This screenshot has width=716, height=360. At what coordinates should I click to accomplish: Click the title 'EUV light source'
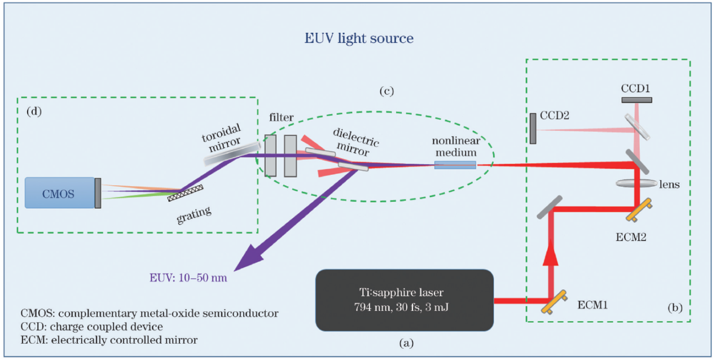coord(359,39)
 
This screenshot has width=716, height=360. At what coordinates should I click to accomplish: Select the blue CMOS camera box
coord(59,192)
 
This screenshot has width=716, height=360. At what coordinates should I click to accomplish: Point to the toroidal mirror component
coord(225,152)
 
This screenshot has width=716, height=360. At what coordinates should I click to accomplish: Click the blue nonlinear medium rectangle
coord(455,165)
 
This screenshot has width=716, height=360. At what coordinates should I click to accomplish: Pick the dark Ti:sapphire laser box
coord(404,300)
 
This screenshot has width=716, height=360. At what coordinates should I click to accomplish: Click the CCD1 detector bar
coord(637,100)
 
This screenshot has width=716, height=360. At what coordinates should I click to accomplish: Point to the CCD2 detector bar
coord(533,128)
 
